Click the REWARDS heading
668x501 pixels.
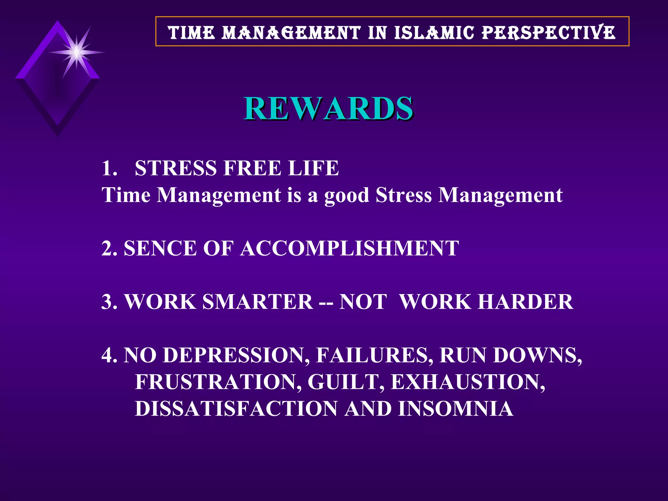pyautogui.click(x=329, y=108)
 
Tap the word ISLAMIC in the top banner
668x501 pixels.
pyautogui.click(x=434, y=33)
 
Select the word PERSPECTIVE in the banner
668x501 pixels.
pyautogui.click(x=549, y=33)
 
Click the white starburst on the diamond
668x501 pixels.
pyautogui.click(x=76, y=52)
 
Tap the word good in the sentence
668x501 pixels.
pyautogui.click(x=346, y=196)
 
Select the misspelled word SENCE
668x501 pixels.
pyautogui.click(x=160, y=249)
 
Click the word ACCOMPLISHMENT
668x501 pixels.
pyautogui.click(x=350, y=249)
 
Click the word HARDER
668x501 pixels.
pyautogui.click(x=525, y=302)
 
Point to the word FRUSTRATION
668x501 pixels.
pyautogui.click(x=218, y=382)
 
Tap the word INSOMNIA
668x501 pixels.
pyautogui.click(x=456, y=409)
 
